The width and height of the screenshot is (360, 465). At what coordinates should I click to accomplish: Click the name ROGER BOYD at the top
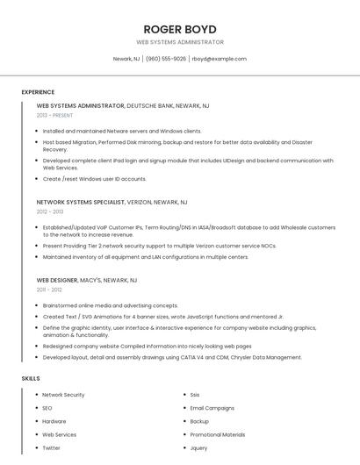coord(179,28)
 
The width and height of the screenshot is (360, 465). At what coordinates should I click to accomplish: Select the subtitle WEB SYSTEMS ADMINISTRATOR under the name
coord(179,42)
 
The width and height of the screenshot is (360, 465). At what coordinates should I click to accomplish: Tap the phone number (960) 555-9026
coord(166,59)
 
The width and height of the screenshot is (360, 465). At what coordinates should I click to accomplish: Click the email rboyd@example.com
coord(219,59)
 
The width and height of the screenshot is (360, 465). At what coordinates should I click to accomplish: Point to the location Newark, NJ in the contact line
coord(126,59)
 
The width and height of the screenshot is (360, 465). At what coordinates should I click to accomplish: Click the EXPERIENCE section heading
coord(38,92)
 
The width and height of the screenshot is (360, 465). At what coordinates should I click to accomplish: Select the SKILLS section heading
coord(31,378)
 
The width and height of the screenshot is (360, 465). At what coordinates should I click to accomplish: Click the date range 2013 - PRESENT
coord(54,115)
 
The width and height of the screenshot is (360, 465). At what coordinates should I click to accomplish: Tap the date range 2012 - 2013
coord(50,211)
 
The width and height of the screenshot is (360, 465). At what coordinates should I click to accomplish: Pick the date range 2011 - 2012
coord(49,289)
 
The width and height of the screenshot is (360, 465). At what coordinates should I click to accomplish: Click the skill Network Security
coord(63,395)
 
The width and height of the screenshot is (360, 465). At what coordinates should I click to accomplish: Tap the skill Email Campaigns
coord(212,408)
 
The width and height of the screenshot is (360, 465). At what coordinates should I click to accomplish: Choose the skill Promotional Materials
coord(217,434)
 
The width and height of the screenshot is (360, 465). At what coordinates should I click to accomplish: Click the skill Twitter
coord(51,447)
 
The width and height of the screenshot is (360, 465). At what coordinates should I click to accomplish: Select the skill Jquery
coord(199,447)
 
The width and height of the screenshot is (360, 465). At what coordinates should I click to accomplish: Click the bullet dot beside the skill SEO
coord(36,408)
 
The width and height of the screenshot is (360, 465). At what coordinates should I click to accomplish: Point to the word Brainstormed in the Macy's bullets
coord(61,305)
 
